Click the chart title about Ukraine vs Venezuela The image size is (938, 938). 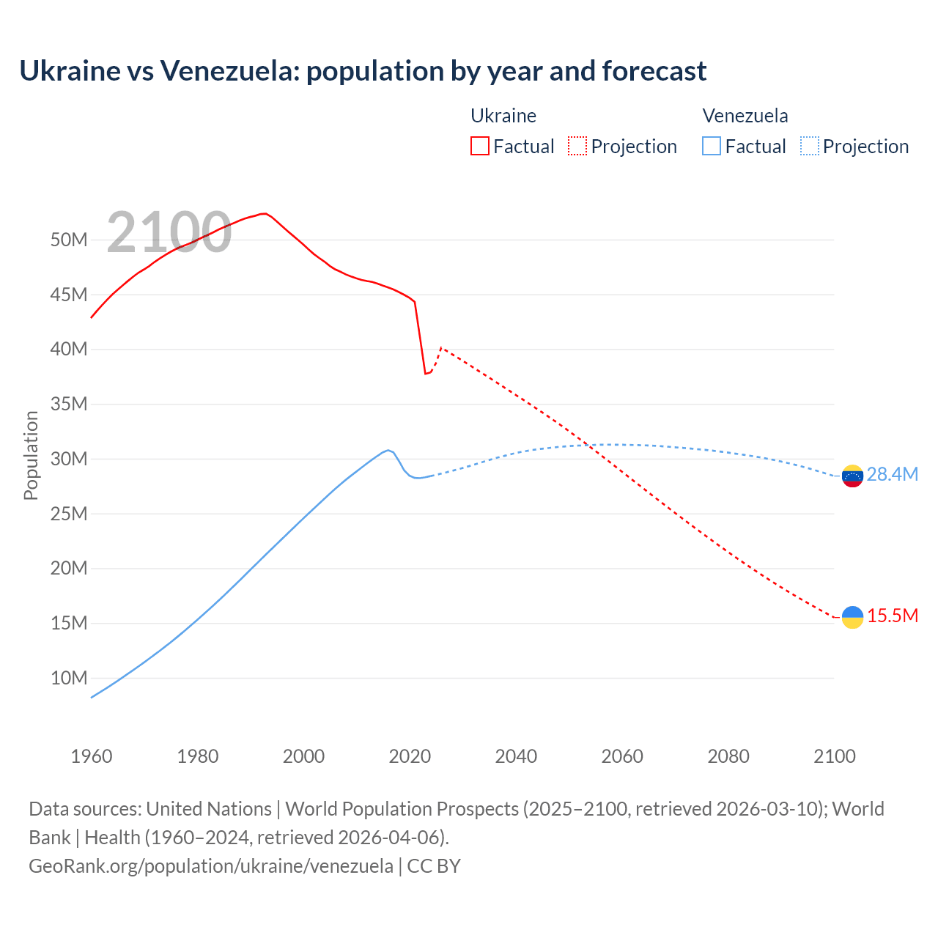363,71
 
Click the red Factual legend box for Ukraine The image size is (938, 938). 479,146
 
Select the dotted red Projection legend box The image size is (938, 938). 577,146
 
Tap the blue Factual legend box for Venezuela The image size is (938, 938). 711,146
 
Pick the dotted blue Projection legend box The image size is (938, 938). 809,146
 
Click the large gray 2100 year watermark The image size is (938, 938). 169,232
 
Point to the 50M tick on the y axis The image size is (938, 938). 69,240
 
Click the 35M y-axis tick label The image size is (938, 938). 69,404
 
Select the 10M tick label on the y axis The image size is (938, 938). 69,678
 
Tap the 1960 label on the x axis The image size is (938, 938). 92,756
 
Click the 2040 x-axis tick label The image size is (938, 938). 516,756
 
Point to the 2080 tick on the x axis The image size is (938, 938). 728,756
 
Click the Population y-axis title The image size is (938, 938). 31,455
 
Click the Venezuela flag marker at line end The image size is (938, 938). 852,476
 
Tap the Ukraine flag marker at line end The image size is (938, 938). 852,617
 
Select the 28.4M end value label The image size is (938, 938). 892,474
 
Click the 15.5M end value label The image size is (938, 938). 892,616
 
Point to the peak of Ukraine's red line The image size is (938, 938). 264,214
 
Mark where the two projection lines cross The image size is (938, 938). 591,445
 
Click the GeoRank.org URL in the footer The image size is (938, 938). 211,865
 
